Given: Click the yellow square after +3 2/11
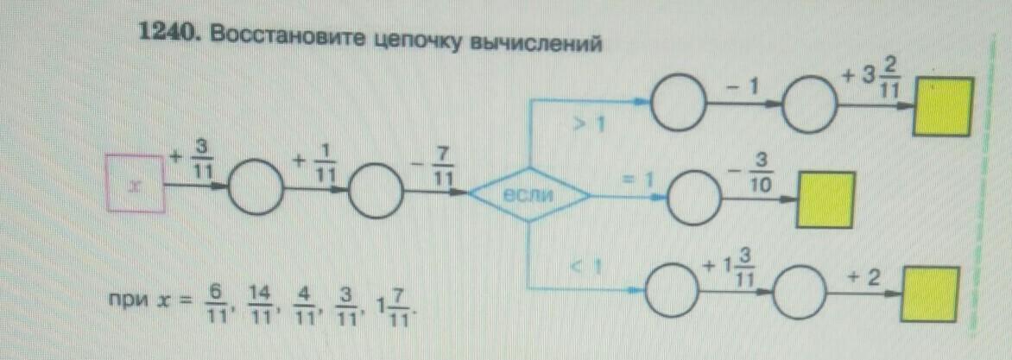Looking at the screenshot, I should pyautogui.click(x=945, y=105).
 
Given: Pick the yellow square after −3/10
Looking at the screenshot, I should pyautogui.click(x=825, y=199).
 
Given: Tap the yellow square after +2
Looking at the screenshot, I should pyautogui.click(x=930, y=294).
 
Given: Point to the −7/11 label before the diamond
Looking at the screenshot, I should pyautogui.click(x=442, y=164).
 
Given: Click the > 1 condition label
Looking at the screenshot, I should pyautogui.click(x=591, y=127).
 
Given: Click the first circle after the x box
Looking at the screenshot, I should pyautogui.click(x=255, y=186).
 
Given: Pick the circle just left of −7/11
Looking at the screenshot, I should pyautogui.click(x=376, y=186).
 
